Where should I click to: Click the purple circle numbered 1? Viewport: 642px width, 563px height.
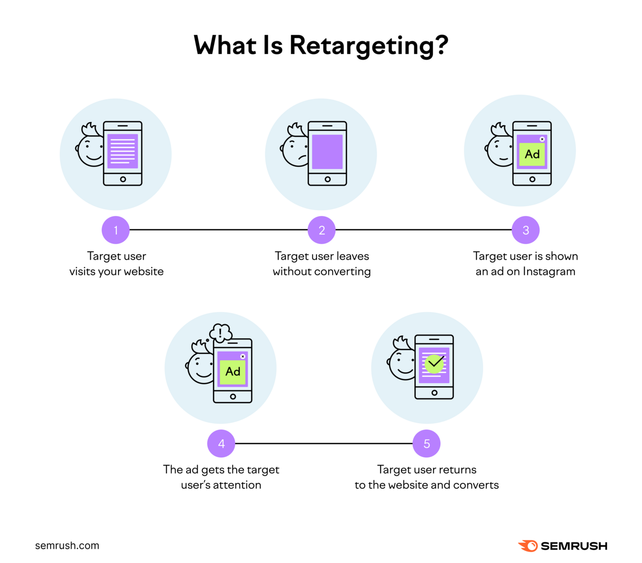(x=115, y=230)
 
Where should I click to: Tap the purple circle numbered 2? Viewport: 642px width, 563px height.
(x=322, y=230)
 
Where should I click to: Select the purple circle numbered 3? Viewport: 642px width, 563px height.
(x=526, y=230)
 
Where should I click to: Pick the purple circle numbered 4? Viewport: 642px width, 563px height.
(x=221, y=444)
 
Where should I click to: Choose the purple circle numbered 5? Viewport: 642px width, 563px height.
(x=427, y=444)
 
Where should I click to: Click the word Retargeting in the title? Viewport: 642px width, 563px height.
(x=368, y=46)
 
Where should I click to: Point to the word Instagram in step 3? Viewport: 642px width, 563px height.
(x=549, y=272)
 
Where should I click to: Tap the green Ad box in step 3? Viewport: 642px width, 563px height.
(x=532, y=154)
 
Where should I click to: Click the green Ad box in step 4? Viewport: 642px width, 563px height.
(x=233, y=372)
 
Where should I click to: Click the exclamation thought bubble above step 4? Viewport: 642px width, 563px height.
(x=221, y=332)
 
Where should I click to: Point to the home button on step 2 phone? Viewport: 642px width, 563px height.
(x=328, y=179)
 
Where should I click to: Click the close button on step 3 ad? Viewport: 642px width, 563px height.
(x=542, y=139)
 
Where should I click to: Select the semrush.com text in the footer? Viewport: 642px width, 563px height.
(x=67, y=545)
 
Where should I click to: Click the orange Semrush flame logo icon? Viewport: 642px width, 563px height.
(x=528, y=545)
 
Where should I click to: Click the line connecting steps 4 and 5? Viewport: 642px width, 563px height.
(x=324, y=444)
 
